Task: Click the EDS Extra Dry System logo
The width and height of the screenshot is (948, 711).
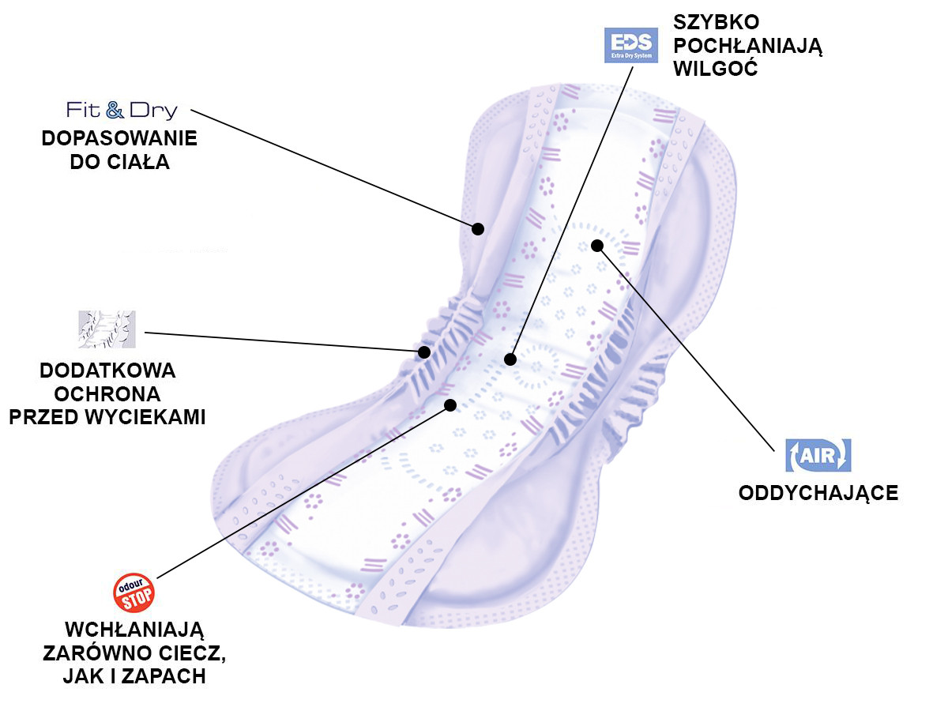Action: [x=631, y=45]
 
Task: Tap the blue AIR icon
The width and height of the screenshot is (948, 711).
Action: [x=818, y=456]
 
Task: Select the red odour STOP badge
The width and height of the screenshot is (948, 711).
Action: [x=134, y=592]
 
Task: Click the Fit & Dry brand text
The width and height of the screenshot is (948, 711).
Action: [x=122, y=110]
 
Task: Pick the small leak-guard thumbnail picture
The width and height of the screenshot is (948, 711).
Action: [x=107, y=329]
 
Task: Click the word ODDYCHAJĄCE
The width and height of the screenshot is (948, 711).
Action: [x=818, y=493]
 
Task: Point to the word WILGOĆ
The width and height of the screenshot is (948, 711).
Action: [x=716, y=69]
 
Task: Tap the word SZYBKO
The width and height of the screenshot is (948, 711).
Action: [x=716, y=22]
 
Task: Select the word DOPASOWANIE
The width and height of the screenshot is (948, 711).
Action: [x=119, y=138]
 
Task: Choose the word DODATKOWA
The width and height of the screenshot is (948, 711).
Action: [x=107, y=371]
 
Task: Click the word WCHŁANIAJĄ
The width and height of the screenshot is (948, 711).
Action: [x=134, y=630]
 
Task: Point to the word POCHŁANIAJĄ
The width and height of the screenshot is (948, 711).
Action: [x=747, y=46]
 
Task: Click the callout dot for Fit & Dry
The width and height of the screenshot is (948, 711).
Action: [x=478, y=229]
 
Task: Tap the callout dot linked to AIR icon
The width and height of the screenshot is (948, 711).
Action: [x=597, y=246]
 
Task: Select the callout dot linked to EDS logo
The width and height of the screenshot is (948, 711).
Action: [x=510, y=359]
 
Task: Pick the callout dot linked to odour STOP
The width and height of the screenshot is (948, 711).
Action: [x=450, y=405]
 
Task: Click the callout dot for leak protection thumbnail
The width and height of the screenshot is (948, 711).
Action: [x=424, y=352]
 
